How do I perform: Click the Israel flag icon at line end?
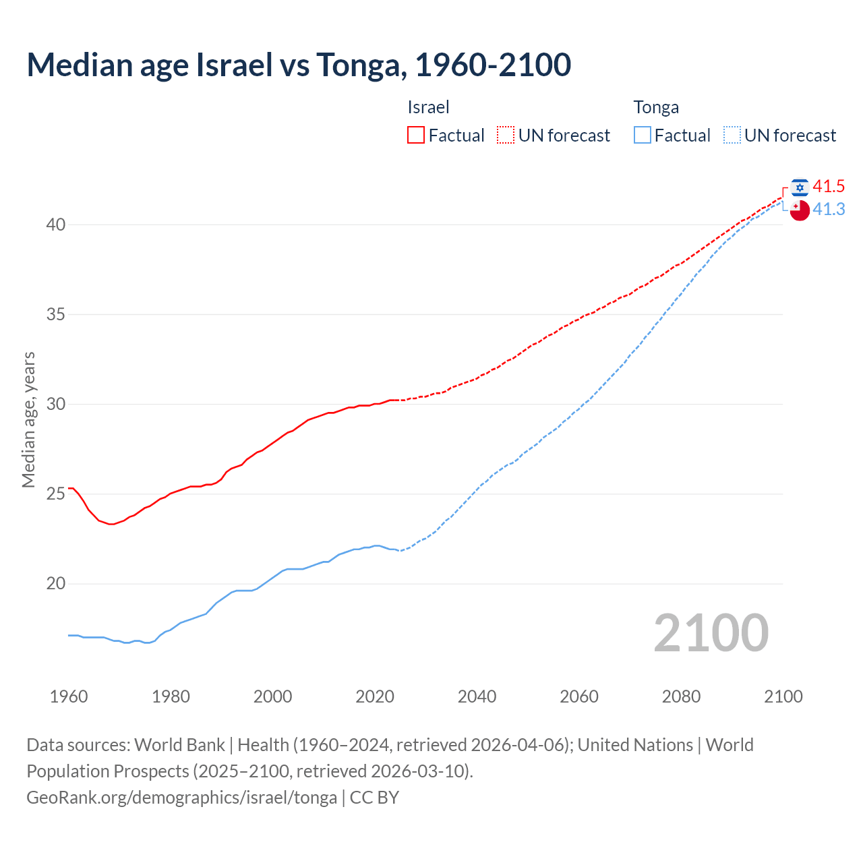800,187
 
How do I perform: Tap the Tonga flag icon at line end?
800,210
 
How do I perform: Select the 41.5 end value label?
829,187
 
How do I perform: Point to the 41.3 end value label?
829,210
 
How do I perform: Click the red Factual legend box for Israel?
416,136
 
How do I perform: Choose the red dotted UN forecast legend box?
506,136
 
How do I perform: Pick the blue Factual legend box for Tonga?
643,136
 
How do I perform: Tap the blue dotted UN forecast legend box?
732,136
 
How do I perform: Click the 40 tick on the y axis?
56,225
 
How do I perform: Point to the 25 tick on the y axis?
56,494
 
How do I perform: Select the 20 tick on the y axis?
56,584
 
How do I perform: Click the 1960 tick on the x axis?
69,696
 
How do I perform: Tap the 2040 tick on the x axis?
477,696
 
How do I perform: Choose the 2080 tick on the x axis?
681,696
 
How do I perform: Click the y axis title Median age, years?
28,419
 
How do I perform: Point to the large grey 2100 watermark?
711,632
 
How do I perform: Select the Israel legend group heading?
428,107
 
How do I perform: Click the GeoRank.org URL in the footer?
181,798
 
